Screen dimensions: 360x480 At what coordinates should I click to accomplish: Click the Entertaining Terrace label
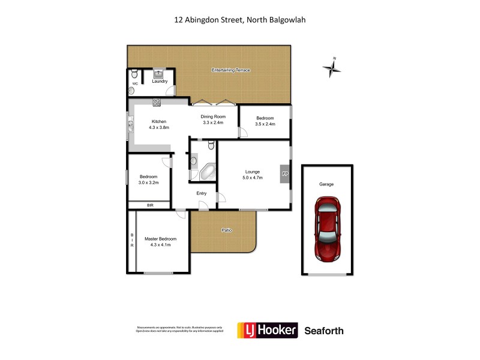230,71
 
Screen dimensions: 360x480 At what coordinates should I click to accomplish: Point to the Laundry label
159,81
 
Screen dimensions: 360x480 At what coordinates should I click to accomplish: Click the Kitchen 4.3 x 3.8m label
159,125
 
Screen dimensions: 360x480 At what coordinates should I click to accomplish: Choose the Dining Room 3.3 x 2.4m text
213,119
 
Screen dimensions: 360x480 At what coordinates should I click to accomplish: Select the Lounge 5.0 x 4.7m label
252,175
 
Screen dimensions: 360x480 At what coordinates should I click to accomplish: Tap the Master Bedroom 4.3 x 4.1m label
160,242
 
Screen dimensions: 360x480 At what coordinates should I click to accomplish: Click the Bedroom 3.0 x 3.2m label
148,179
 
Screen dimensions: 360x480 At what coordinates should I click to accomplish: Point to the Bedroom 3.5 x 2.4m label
265,121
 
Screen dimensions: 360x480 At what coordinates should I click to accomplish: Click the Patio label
226,230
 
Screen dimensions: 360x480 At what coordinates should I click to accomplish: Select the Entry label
202,193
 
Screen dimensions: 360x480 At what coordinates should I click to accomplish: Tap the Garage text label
326,184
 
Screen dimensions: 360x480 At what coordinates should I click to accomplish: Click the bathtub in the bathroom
208,172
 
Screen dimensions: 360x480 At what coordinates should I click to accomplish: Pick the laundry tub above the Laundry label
158,73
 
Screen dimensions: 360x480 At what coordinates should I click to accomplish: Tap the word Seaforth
324,331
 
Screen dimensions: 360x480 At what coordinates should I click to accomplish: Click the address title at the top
240,19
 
